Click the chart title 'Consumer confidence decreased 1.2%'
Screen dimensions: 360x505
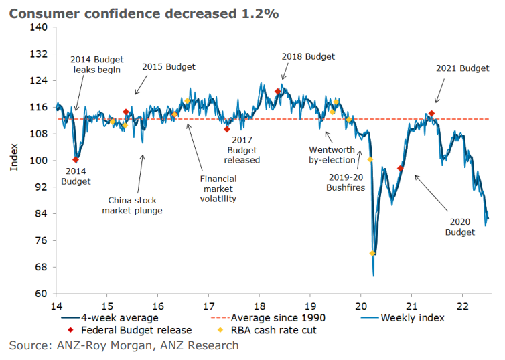(x=143, y=13)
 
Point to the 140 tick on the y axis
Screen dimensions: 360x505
(x=38, y=27)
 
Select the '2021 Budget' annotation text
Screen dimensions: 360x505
(x=463, y=68)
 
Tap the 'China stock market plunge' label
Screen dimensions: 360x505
(x=133, y=205)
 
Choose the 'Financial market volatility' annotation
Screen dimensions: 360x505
(x=218, y=189)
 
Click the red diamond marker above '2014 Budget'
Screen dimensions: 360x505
(x=76, y=160)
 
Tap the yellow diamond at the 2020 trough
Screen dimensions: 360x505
(x=372, y=253)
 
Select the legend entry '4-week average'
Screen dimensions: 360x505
(x=109, y=317)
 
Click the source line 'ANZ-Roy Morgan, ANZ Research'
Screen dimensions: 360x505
(x=124, y=345)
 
